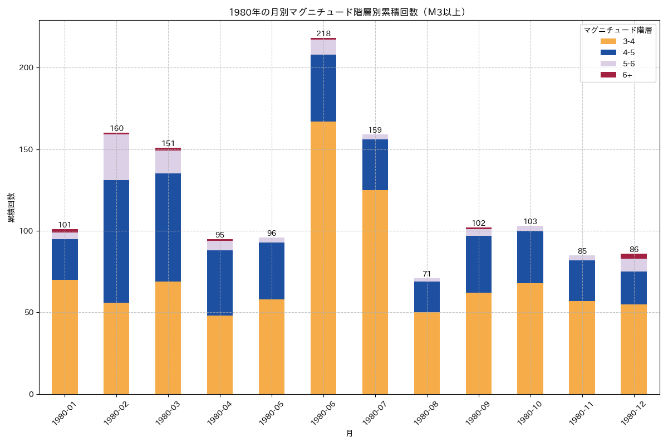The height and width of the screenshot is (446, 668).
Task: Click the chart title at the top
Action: [x=347, y=12]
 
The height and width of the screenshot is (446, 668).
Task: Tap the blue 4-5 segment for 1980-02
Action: [x=116, y=241]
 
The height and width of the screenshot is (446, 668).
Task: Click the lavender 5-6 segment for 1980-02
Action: [x=116, y=157]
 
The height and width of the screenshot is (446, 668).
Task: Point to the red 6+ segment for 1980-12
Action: [x=633, y=256]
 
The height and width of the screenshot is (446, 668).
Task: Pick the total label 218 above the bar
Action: [x=323, y=33]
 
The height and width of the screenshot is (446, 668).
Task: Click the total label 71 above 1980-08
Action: [x=427, y=274]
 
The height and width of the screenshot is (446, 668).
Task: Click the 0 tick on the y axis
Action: [x=32, y=394]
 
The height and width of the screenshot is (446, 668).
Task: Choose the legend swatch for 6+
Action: [x=608, y=75]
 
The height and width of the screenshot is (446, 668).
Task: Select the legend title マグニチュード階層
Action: [x=617, y=30]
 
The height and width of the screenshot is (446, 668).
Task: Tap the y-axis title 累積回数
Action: [x=11, y=207]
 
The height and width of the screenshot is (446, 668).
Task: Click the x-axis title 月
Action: [x=349, y=433]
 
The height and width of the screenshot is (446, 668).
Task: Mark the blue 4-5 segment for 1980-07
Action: [x=375, y=164]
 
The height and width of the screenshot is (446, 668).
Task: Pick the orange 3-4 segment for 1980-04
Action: [x=220, y=355]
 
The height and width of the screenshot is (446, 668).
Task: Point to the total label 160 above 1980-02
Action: [x=116, y=128]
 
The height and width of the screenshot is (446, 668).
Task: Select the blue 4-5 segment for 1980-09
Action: [x=479, y=264]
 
